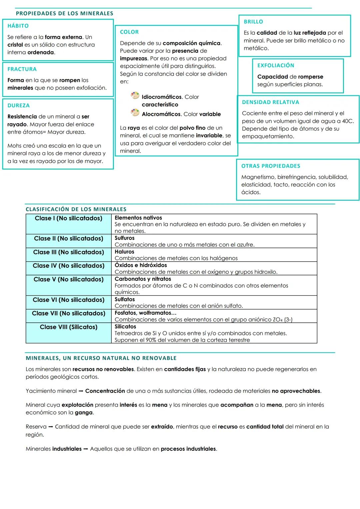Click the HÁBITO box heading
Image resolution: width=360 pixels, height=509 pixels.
coord(18,26)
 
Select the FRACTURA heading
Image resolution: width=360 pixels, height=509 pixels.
coord(22,69)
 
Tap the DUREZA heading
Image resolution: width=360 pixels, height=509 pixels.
coord(19,106)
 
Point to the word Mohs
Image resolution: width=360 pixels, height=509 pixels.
coord(14,146)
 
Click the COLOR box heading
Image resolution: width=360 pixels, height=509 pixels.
coord(129,32)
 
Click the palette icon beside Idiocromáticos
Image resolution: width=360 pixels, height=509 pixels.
coord(135,96)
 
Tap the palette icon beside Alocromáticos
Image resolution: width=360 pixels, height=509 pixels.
coord(135,113)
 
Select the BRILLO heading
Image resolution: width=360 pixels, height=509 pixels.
coord(253,22)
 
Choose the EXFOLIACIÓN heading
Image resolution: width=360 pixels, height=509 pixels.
coord(276,66)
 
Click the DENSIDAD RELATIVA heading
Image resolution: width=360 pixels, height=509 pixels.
coord(271,102)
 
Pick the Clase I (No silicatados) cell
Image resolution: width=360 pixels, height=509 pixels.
coord(69,218)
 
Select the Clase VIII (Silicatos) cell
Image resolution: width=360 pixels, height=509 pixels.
coord(69,327)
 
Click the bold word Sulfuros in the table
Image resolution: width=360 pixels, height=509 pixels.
coord(125,238)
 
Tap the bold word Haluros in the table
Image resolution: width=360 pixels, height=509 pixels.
coord(124,252)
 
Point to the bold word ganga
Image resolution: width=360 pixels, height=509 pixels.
coord(84,413)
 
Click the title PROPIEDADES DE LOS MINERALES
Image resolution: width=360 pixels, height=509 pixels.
coord(64,14)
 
